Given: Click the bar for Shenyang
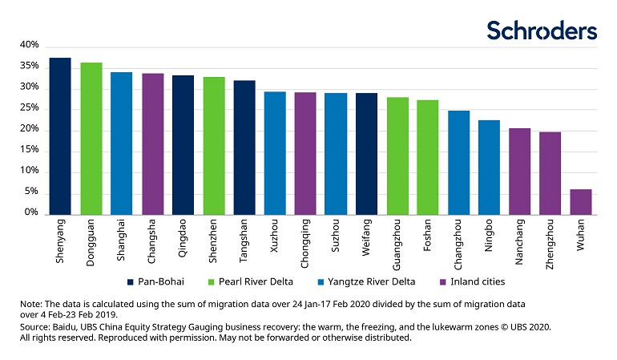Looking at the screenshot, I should [x=60, y=136].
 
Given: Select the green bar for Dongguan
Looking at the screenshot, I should [x=91, y=138].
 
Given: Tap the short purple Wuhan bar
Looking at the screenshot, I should [x=581, y=201].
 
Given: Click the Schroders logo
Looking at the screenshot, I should [x=542, y=31].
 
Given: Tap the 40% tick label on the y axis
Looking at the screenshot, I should [x=29, y=45].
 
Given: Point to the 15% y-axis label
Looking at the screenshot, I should [x=29, y=150].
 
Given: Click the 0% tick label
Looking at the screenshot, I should [x=31, y=213].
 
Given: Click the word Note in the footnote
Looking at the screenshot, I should [x=30, y=305].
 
